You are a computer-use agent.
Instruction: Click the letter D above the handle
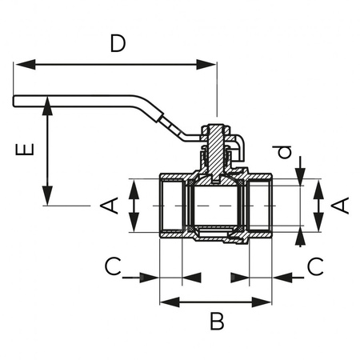pos(118,44)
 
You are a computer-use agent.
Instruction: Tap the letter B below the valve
pos(216,322)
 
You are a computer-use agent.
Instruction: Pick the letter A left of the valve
pos(110,206)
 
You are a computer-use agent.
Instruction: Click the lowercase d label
pos(280,153)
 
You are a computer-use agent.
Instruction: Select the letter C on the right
pos(316,266)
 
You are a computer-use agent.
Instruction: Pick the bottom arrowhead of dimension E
pos(48,199)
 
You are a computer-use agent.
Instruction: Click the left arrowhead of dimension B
pos(166,302)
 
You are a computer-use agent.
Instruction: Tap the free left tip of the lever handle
pos(15,101)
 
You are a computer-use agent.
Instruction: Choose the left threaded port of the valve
pos(171,206)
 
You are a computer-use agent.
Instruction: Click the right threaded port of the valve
pos(260,206)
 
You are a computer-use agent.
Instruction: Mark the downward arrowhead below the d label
pos(301,174)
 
